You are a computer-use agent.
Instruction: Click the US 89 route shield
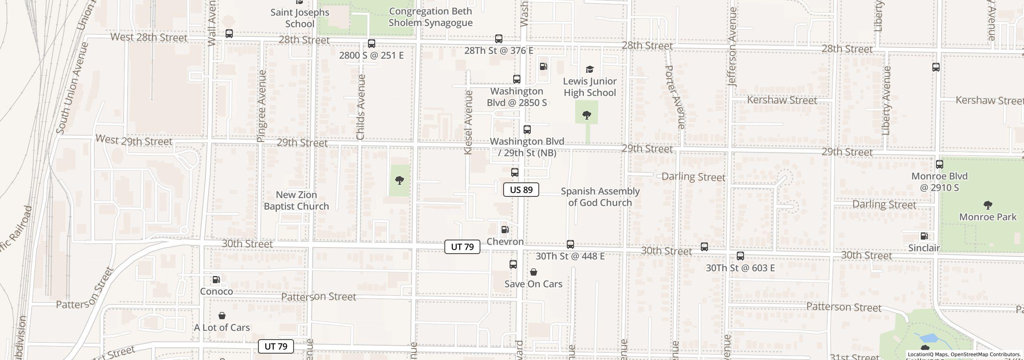pyautogui.click(x=521, y=190)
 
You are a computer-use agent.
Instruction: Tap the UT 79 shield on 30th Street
pyautogui.click(x=462, y=247)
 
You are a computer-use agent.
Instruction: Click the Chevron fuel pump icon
pyautogui.click(x=505, y=230)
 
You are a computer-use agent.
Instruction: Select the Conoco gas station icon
pyautogui.click(x=216, y=280)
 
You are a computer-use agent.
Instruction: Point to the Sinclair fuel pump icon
pyautogui.click(x=924, y=236)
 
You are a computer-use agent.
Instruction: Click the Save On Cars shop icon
pyautogui.click(x=533, y=272)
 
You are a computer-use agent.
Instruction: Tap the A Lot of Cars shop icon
pyautogui.click(x=222, y=316)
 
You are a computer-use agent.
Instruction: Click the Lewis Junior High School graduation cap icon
pyautogui.click(x=590, y=70)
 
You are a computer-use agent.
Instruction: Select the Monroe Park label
pyautogui.click(x=988, y=217)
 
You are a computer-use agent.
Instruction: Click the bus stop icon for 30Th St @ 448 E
pyautogui.click(x=570, y=244)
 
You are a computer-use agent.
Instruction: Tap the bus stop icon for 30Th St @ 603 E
pyautogui.click(x=740, y=256)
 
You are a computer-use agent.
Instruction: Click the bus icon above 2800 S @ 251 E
pyautogui.click(x=371, y=44)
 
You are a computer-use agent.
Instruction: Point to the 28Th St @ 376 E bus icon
pyautogui.click(x=498, y=39)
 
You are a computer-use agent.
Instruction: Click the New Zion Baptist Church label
pyautogui.click(x=296, y=200)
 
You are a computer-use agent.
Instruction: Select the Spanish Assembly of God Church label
pyautogui.click(x=600, y=197)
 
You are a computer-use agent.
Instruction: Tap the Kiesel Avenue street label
pyautogui.click(x=468, y=122)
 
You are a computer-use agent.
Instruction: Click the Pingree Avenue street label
pyautogui.click(x=261, y=106)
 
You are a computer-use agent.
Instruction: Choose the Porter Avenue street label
pyautogui.click(x=676, y=97)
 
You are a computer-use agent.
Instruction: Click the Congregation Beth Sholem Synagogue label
pyautogui.click(x=430, y=17)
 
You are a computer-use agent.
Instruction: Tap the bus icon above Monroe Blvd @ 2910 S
pyautogui.click(x=940, y=164)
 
